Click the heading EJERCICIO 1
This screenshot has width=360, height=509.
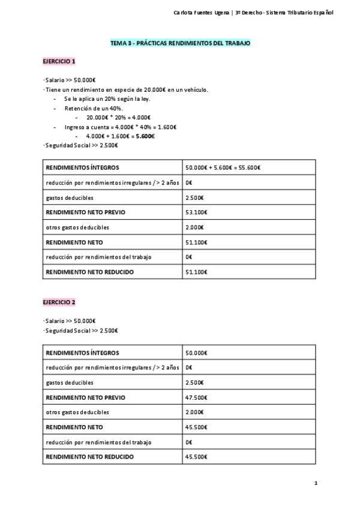pos(59,61)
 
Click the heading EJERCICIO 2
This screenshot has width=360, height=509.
pos(59,302)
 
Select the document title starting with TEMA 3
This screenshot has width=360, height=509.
pos(180,44)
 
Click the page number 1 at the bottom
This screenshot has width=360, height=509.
pos(316,483)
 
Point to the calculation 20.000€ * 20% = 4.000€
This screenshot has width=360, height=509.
pos(118,118)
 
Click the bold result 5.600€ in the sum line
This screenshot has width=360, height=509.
pos(145,136)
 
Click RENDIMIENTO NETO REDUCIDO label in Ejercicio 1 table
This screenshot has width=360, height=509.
pos(90,272)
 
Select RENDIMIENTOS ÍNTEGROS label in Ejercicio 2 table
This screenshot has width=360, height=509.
pos(82,353)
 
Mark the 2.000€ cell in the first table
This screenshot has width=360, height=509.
pos(195,227)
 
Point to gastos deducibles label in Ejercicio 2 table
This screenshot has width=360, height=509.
pos(70,382)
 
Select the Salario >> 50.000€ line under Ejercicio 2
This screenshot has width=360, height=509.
pos(70,321)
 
